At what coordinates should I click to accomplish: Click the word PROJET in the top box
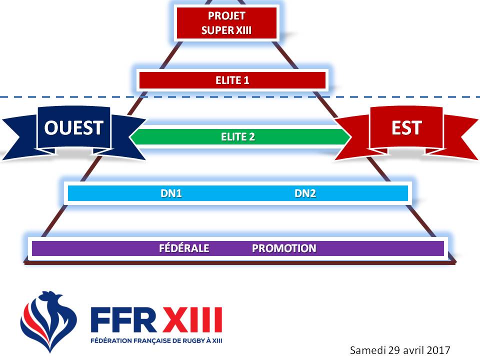coord(226,16)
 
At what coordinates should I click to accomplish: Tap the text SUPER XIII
coord(226,30)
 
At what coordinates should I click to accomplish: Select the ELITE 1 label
coord(232,80)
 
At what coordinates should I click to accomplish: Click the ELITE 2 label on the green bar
coord(238,136)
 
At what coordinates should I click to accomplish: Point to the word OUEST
coord(73,128)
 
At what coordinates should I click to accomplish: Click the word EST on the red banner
coord(406,128)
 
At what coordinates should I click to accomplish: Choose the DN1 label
coord(171,193)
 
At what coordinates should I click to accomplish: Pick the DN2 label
coord(305,193)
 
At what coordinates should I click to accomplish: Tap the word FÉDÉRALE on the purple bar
coord(183,248)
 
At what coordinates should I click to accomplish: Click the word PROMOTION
coord(284,248)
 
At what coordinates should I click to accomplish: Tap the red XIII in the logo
coord(192,320)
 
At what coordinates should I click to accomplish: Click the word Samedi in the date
coord(366,349)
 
